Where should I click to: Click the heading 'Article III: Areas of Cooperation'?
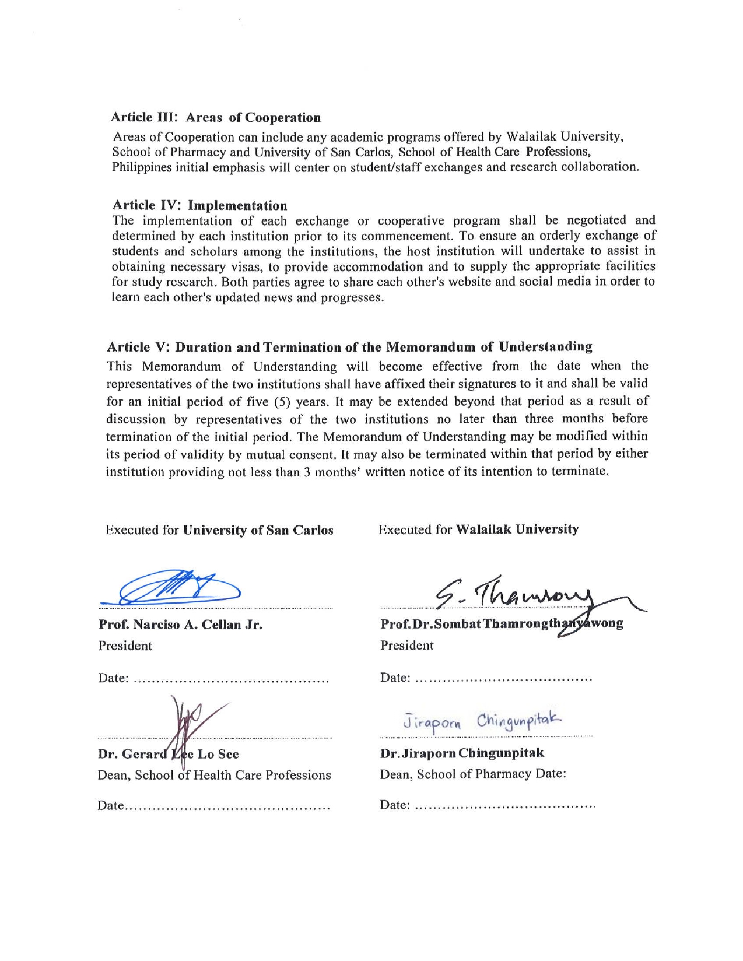tap(216, 118)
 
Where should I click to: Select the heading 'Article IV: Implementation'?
tap(199, 205)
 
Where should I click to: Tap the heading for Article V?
tap(349, 347)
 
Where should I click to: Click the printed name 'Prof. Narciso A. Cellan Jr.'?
tap(180, 625)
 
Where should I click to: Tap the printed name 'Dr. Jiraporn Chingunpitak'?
tap(462, 753)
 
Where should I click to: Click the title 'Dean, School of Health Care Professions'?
tap(214, 775)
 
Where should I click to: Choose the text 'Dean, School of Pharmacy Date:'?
tap(473, 774)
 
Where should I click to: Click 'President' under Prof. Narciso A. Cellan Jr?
tap(125, 646)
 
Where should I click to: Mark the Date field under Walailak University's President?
tap(486, 678)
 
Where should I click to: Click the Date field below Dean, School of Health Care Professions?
tap(213, 806)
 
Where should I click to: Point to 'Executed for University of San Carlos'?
tap(219, 530)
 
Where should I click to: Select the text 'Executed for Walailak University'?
tap(478, 529)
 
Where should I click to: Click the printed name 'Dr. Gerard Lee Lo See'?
tap(169, 754)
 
